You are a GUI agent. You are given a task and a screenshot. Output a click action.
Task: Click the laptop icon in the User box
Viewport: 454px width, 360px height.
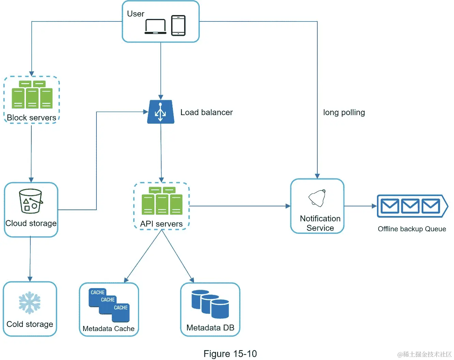pyautogui.click(x=155, y=26)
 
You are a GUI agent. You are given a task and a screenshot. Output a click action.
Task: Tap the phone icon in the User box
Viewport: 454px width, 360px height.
pyautogui.click(x=178, y=25)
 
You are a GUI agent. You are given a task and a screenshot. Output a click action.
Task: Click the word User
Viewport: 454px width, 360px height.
pyautogui.click(x=136, y=14)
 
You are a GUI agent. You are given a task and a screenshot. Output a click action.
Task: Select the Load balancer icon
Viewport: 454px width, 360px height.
pyautogui.click(x=161, y=112)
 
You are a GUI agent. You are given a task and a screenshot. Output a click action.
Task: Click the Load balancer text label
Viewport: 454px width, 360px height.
pyautogui.click(x=206, y=112)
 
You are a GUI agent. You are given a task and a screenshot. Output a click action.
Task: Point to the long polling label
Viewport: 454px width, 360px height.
pyautogui.click(x=344, y=112)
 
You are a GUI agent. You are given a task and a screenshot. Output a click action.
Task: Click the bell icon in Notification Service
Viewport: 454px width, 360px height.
pyautogui.click(x=317, y=198)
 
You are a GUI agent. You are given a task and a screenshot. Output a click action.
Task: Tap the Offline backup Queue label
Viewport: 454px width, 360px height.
pyautogui.click(x=412, y=229)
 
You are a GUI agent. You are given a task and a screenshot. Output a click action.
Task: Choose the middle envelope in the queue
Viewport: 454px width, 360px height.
pyautogui.click(x=410, y=206)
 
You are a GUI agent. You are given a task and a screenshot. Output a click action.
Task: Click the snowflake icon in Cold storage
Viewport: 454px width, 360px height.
pyautogui.click(x=30, y=303)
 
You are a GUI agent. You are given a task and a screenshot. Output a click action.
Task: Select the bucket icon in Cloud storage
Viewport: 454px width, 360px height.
pyautogui.click(x=31, y=201)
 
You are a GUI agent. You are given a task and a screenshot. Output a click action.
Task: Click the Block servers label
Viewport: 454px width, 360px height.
pyautogui.click(x=31, y=118)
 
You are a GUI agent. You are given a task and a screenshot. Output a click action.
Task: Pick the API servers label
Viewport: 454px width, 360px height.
pyautogui.click(x=161, y=224)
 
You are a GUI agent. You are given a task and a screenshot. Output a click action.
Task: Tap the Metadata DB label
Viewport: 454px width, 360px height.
pyautogui.click(x=210, y=328)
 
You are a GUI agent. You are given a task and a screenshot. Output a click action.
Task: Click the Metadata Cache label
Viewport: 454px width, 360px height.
pyautogui.click(x=108, y=329)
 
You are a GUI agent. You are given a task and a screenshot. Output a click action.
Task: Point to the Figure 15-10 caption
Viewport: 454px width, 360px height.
pyautogui.click(x=230, y=354)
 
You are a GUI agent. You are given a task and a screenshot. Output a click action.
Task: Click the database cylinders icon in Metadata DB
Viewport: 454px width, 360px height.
pyautogui.click(x=210, y=304)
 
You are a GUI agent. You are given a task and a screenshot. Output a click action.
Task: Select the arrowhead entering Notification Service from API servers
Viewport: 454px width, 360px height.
pyautogui.click(x=288, y=206)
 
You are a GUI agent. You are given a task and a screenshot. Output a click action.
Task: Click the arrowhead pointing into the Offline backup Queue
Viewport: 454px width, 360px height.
pyautogui.click(x=374, y=206)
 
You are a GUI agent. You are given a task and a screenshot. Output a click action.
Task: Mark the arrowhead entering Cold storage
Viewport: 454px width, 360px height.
pyautogui.click(x=30, y=279)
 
